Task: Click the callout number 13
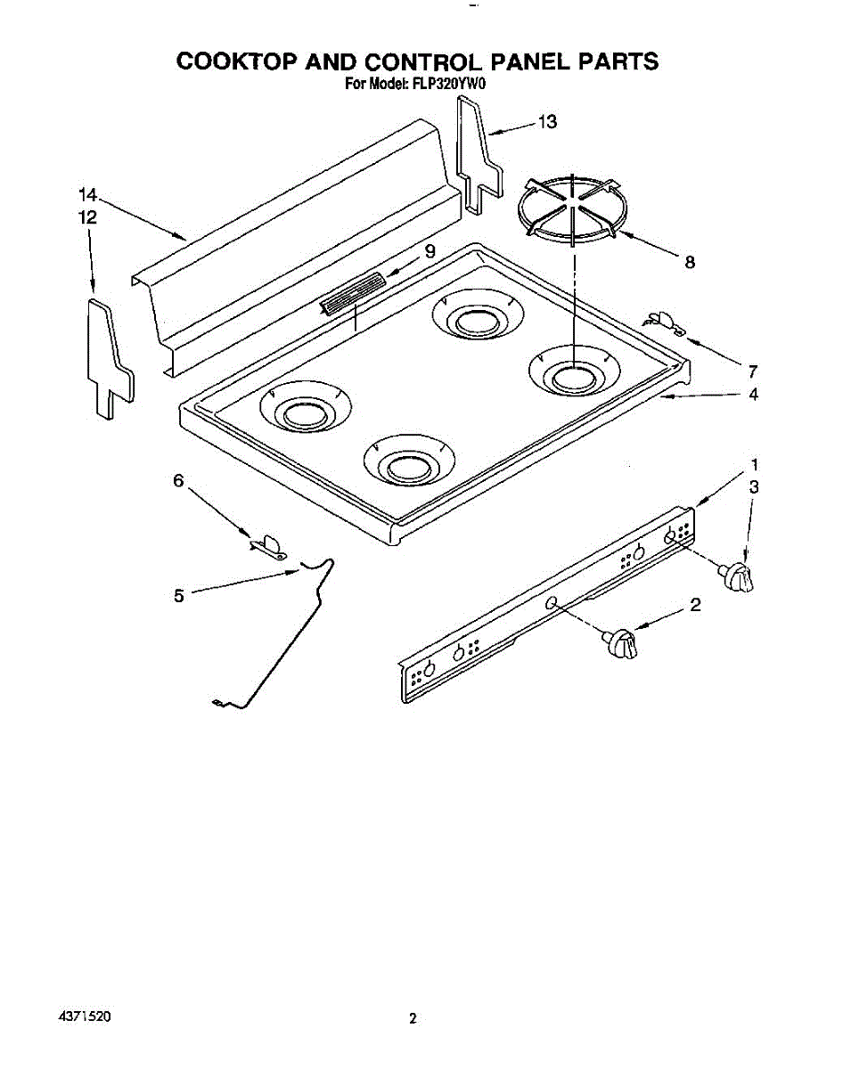tap(547, 122)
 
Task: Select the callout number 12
tap(86, 217)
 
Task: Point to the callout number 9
tap(430, 251)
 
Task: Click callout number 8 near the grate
tap(689, 262)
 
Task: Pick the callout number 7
tap(752, 371)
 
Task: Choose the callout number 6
tap(178, 481)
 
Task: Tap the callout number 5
tap(178, 596)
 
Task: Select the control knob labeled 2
tap(621, 643)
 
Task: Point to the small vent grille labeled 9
tap(353, 294)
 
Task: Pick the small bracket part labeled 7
tap(665, 322)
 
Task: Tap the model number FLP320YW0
tap(448, 86)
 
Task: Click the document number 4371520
tap(86, 1016)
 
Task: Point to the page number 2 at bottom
tap(413, 1019)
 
